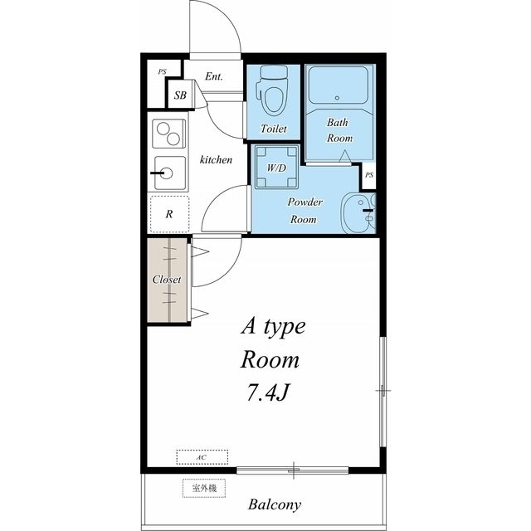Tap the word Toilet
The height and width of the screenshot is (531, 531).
click(274, 129)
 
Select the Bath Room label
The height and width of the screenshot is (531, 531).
click(339, 130)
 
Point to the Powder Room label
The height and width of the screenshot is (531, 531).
click(304, 211)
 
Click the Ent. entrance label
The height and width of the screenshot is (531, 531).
click(214, 76)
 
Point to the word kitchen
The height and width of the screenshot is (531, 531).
click(216, 159)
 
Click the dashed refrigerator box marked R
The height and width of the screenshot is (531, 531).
click(169, 214)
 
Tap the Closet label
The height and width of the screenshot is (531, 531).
click(167, 280)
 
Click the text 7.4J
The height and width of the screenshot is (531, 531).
click(267, 392)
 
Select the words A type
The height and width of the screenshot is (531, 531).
click(273, 326)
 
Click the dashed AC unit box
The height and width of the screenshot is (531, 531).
click(202, 457)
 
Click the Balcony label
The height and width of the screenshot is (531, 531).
click(275, 504)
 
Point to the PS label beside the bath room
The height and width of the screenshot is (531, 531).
click(369, 175)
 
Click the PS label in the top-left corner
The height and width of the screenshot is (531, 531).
click(162, 72)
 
